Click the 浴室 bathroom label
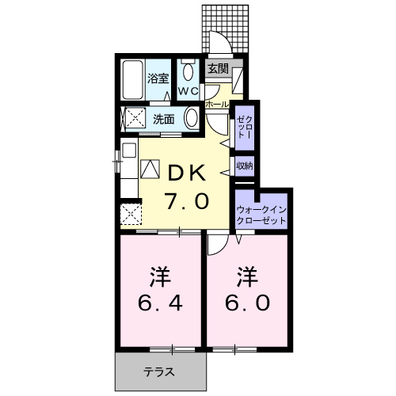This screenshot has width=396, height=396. coord(158,78)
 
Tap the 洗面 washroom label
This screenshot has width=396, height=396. coord(164,120)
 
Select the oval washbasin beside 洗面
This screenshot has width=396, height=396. coord(191,120)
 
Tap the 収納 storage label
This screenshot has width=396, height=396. coord(244,166)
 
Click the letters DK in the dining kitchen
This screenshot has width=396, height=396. coord(187,173)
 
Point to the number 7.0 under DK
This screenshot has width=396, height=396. coord(187,201)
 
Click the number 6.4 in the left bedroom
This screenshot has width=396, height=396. coord(158,303)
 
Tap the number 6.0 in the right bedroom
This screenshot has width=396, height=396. coord(246,303)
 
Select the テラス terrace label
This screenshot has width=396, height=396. coord(159,371)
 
